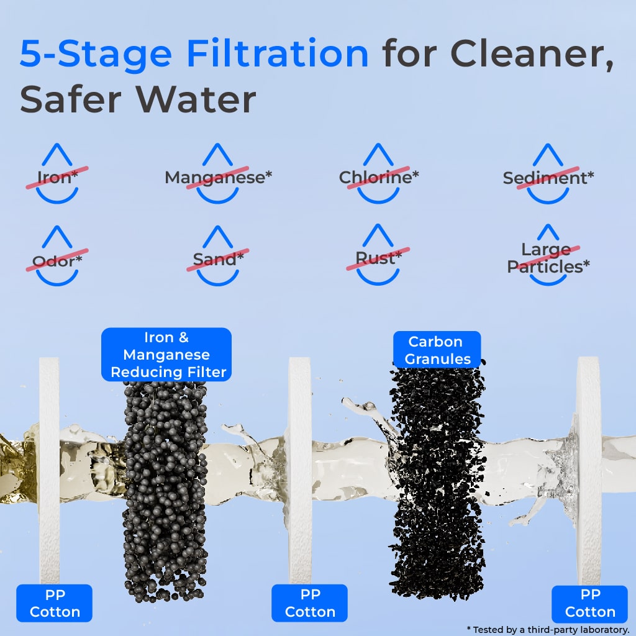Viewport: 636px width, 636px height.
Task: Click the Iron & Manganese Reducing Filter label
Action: point(166,355)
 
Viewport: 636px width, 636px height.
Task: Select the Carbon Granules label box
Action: point(437,350)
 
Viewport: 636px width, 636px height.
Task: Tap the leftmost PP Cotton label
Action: point(55,603)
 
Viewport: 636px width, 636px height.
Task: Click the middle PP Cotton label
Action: point(310,603)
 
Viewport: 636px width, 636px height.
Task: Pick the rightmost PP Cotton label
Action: point(589,603)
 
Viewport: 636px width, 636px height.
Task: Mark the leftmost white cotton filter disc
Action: point(49,472)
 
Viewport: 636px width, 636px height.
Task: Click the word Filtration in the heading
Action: point(278,54)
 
